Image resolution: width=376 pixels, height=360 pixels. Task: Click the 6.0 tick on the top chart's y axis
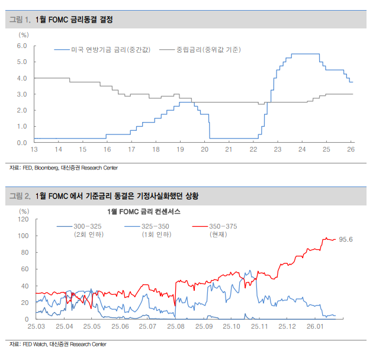click(x=22, y=46)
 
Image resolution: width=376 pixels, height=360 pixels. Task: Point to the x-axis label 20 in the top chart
click(x=204, y=149)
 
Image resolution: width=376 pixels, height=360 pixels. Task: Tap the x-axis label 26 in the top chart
click(x=351, y=149)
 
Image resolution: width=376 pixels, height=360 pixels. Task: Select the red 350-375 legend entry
click(x=222, y=226)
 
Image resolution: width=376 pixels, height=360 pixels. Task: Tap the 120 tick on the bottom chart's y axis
click(x=23, y=219)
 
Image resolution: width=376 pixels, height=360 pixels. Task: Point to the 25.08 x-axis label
click(x=176, y=326)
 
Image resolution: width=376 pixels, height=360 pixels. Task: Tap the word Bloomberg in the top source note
click(x=47, y=168)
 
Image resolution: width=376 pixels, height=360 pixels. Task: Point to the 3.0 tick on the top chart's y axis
click(x=22, y=94)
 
